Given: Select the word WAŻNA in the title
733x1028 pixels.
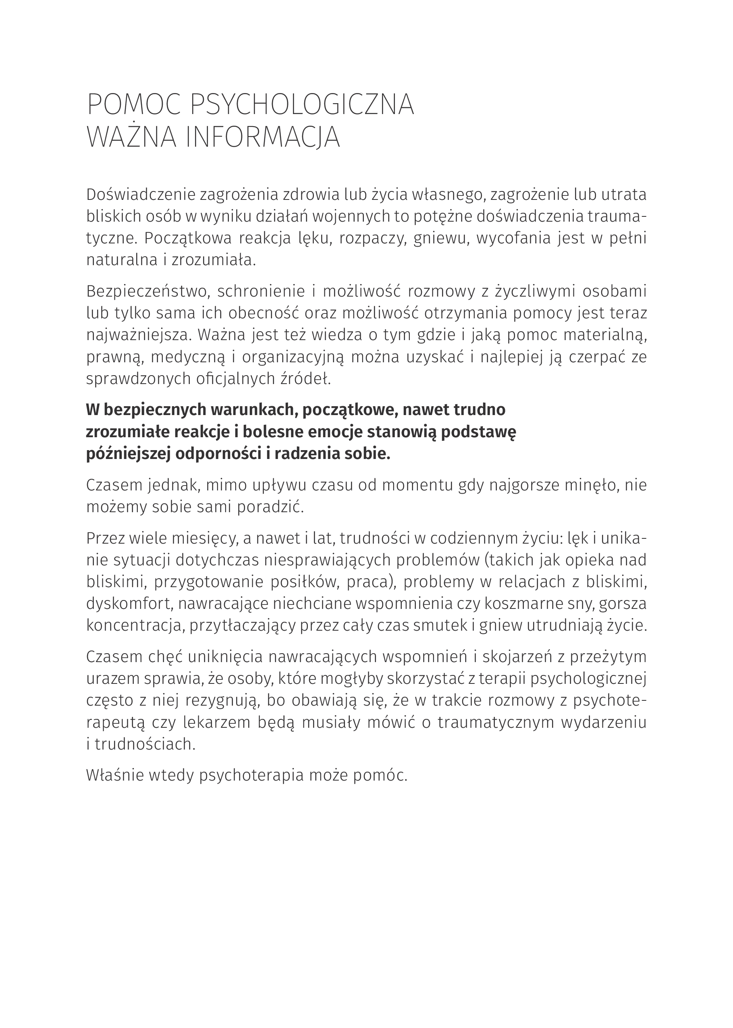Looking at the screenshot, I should point(131,138).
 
